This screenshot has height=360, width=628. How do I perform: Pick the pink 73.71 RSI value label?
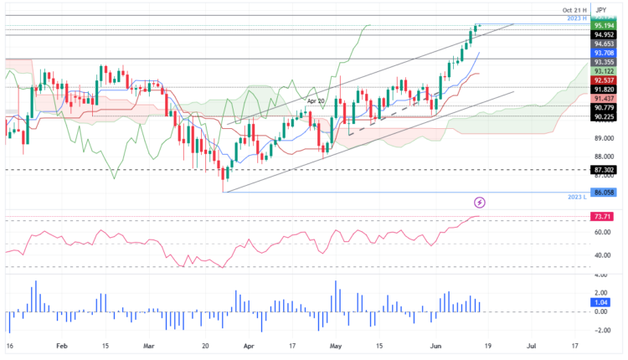[x=605, y=217]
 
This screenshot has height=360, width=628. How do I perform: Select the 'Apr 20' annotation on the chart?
[x=316, y=100]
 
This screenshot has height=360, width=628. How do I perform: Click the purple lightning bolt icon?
[x=480, y=203]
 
